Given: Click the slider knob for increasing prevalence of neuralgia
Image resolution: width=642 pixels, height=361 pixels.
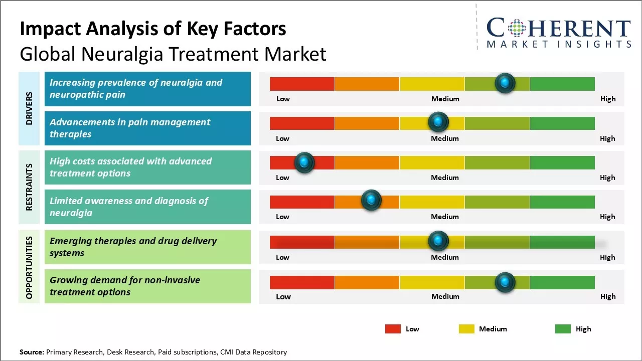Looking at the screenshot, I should click(505, 83).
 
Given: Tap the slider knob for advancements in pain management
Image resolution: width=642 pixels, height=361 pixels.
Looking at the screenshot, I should click(438, 122).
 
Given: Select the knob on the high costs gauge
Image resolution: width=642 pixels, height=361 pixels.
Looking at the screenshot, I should click(304, 162).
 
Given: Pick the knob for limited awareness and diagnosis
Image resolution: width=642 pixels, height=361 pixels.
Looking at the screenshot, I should click(371, 201).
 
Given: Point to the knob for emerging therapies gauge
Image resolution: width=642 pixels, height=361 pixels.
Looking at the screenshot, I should click(438, 241).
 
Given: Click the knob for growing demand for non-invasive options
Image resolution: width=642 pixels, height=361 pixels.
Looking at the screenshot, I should click(505, 282).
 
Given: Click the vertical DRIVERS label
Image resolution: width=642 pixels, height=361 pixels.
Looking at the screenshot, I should click(29, 108).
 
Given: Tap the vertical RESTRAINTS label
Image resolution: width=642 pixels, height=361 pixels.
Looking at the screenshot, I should click(29, 187).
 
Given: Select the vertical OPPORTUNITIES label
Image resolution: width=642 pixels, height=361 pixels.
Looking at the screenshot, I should click(29, 267).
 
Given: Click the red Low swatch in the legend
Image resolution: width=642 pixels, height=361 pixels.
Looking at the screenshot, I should click(393, 329).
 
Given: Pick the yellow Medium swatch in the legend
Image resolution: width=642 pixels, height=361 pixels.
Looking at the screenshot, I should click(466, 329).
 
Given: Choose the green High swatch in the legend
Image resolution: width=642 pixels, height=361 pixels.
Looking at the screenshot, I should click(563, 329).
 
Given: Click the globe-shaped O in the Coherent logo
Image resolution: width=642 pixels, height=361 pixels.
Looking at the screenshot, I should click(517, 28).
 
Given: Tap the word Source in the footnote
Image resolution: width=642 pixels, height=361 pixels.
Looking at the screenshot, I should click(32, 352).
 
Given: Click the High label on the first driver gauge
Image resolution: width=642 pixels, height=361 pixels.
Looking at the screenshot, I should click(608, 99).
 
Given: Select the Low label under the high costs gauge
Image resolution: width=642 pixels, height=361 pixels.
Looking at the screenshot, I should click(282, 177).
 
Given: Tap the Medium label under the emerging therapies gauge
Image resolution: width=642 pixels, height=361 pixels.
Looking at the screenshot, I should click(445, 257).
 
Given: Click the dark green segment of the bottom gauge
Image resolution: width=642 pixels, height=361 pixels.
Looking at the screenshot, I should click(562, 282).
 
